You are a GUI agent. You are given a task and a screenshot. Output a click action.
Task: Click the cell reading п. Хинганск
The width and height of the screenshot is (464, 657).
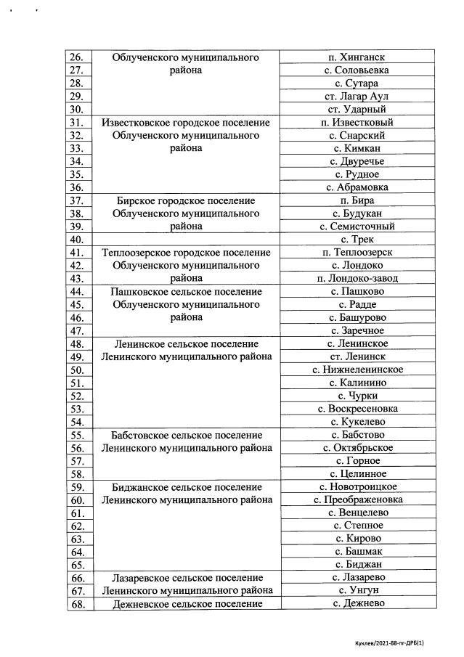(x=357, y=57)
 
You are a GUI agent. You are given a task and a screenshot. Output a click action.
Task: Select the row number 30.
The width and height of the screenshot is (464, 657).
(x=77, y=109)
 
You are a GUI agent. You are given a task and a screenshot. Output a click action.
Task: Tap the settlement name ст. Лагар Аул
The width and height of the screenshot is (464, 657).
(x=357, y=96)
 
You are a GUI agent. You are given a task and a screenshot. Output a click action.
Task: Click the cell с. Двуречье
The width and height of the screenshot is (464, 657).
(x=357, y=161)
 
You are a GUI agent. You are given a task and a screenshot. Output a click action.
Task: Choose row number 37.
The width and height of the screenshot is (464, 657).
(x=77, y=200)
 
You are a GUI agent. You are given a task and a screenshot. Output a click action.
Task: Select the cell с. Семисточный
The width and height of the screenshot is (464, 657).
(x=357, y=227)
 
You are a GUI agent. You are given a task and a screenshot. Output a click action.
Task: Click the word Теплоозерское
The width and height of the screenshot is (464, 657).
(x=137, y=253)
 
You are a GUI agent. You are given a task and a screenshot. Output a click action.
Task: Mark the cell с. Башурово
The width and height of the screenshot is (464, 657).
(x=357, y=317)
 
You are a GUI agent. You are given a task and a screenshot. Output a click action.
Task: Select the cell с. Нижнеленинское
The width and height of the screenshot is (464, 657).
(x=357, y=370)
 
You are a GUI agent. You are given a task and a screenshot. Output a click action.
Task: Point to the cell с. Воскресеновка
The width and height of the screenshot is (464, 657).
(x=357, y=409)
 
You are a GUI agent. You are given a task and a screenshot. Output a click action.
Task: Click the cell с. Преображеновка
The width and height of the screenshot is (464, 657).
(x=357, y=499)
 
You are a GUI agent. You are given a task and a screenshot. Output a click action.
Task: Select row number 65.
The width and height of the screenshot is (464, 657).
(x=77, y=565)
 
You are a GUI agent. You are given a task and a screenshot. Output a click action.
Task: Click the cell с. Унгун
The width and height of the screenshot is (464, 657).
(x=357, y=590)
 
